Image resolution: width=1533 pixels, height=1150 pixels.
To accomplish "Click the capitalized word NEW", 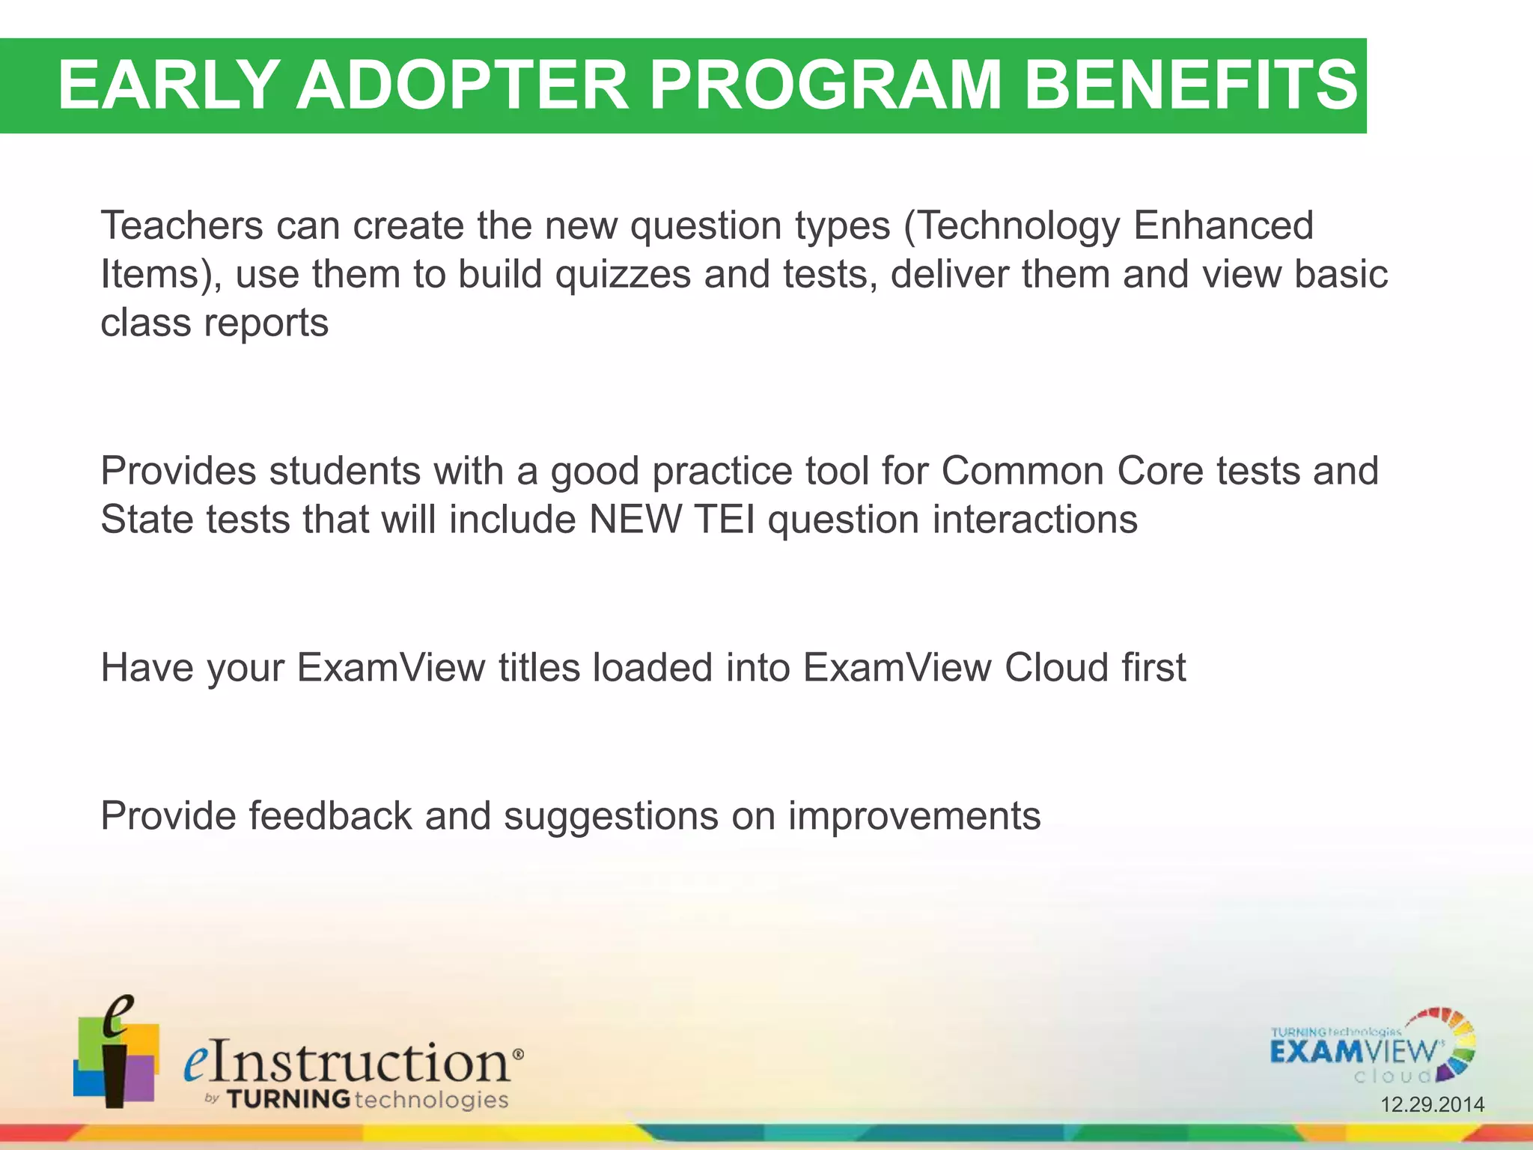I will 636,520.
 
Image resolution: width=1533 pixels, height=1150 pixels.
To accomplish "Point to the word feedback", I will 330,815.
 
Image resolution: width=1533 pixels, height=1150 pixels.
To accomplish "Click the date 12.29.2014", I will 1432,1104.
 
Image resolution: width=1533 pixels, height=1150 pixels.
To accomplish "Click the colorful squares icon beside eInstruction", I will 116,1054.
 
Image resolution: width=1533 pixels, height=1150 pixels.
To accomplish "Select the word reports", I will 266,323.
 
